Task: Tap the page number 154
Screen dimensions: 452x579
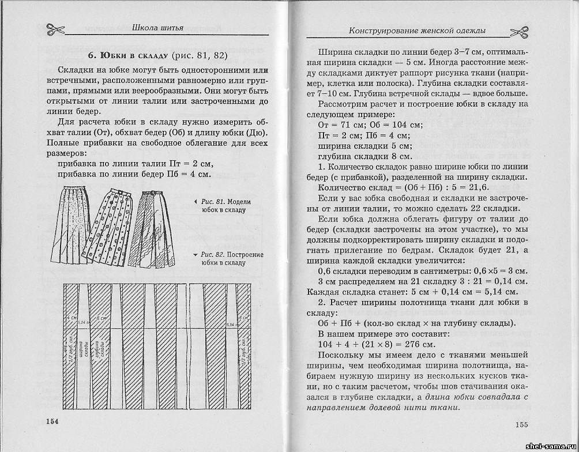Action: pos(52,421)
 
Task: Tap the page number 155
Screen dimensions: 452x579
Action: pos(521,425)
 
